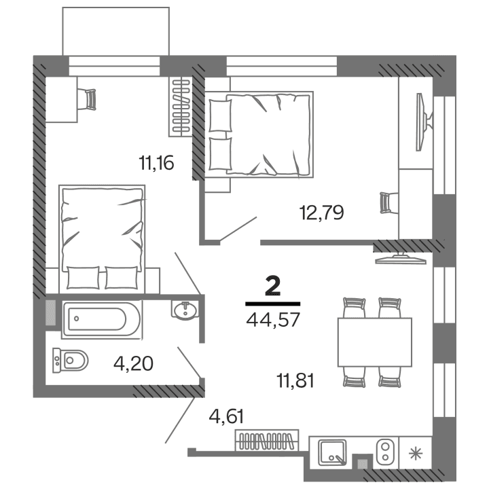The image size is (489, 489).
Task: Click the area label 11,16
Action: click(158, 162)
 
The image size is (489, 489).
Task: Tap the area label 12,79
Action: click(321, 213)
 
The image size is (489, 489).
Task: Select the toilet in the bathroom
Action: click(71, 359)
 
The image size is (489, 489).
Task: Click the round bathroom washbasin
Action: click(185, 311)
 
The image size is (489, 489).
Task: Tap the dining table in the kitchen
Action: click(374, 342)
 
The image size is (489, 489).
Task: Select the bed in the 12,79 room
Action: click(261, 134)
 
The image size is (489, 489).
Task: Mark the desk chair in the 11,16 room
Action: click(88, 99)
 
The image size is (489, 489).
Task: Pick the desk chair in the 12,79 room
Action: click(386, 202)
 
